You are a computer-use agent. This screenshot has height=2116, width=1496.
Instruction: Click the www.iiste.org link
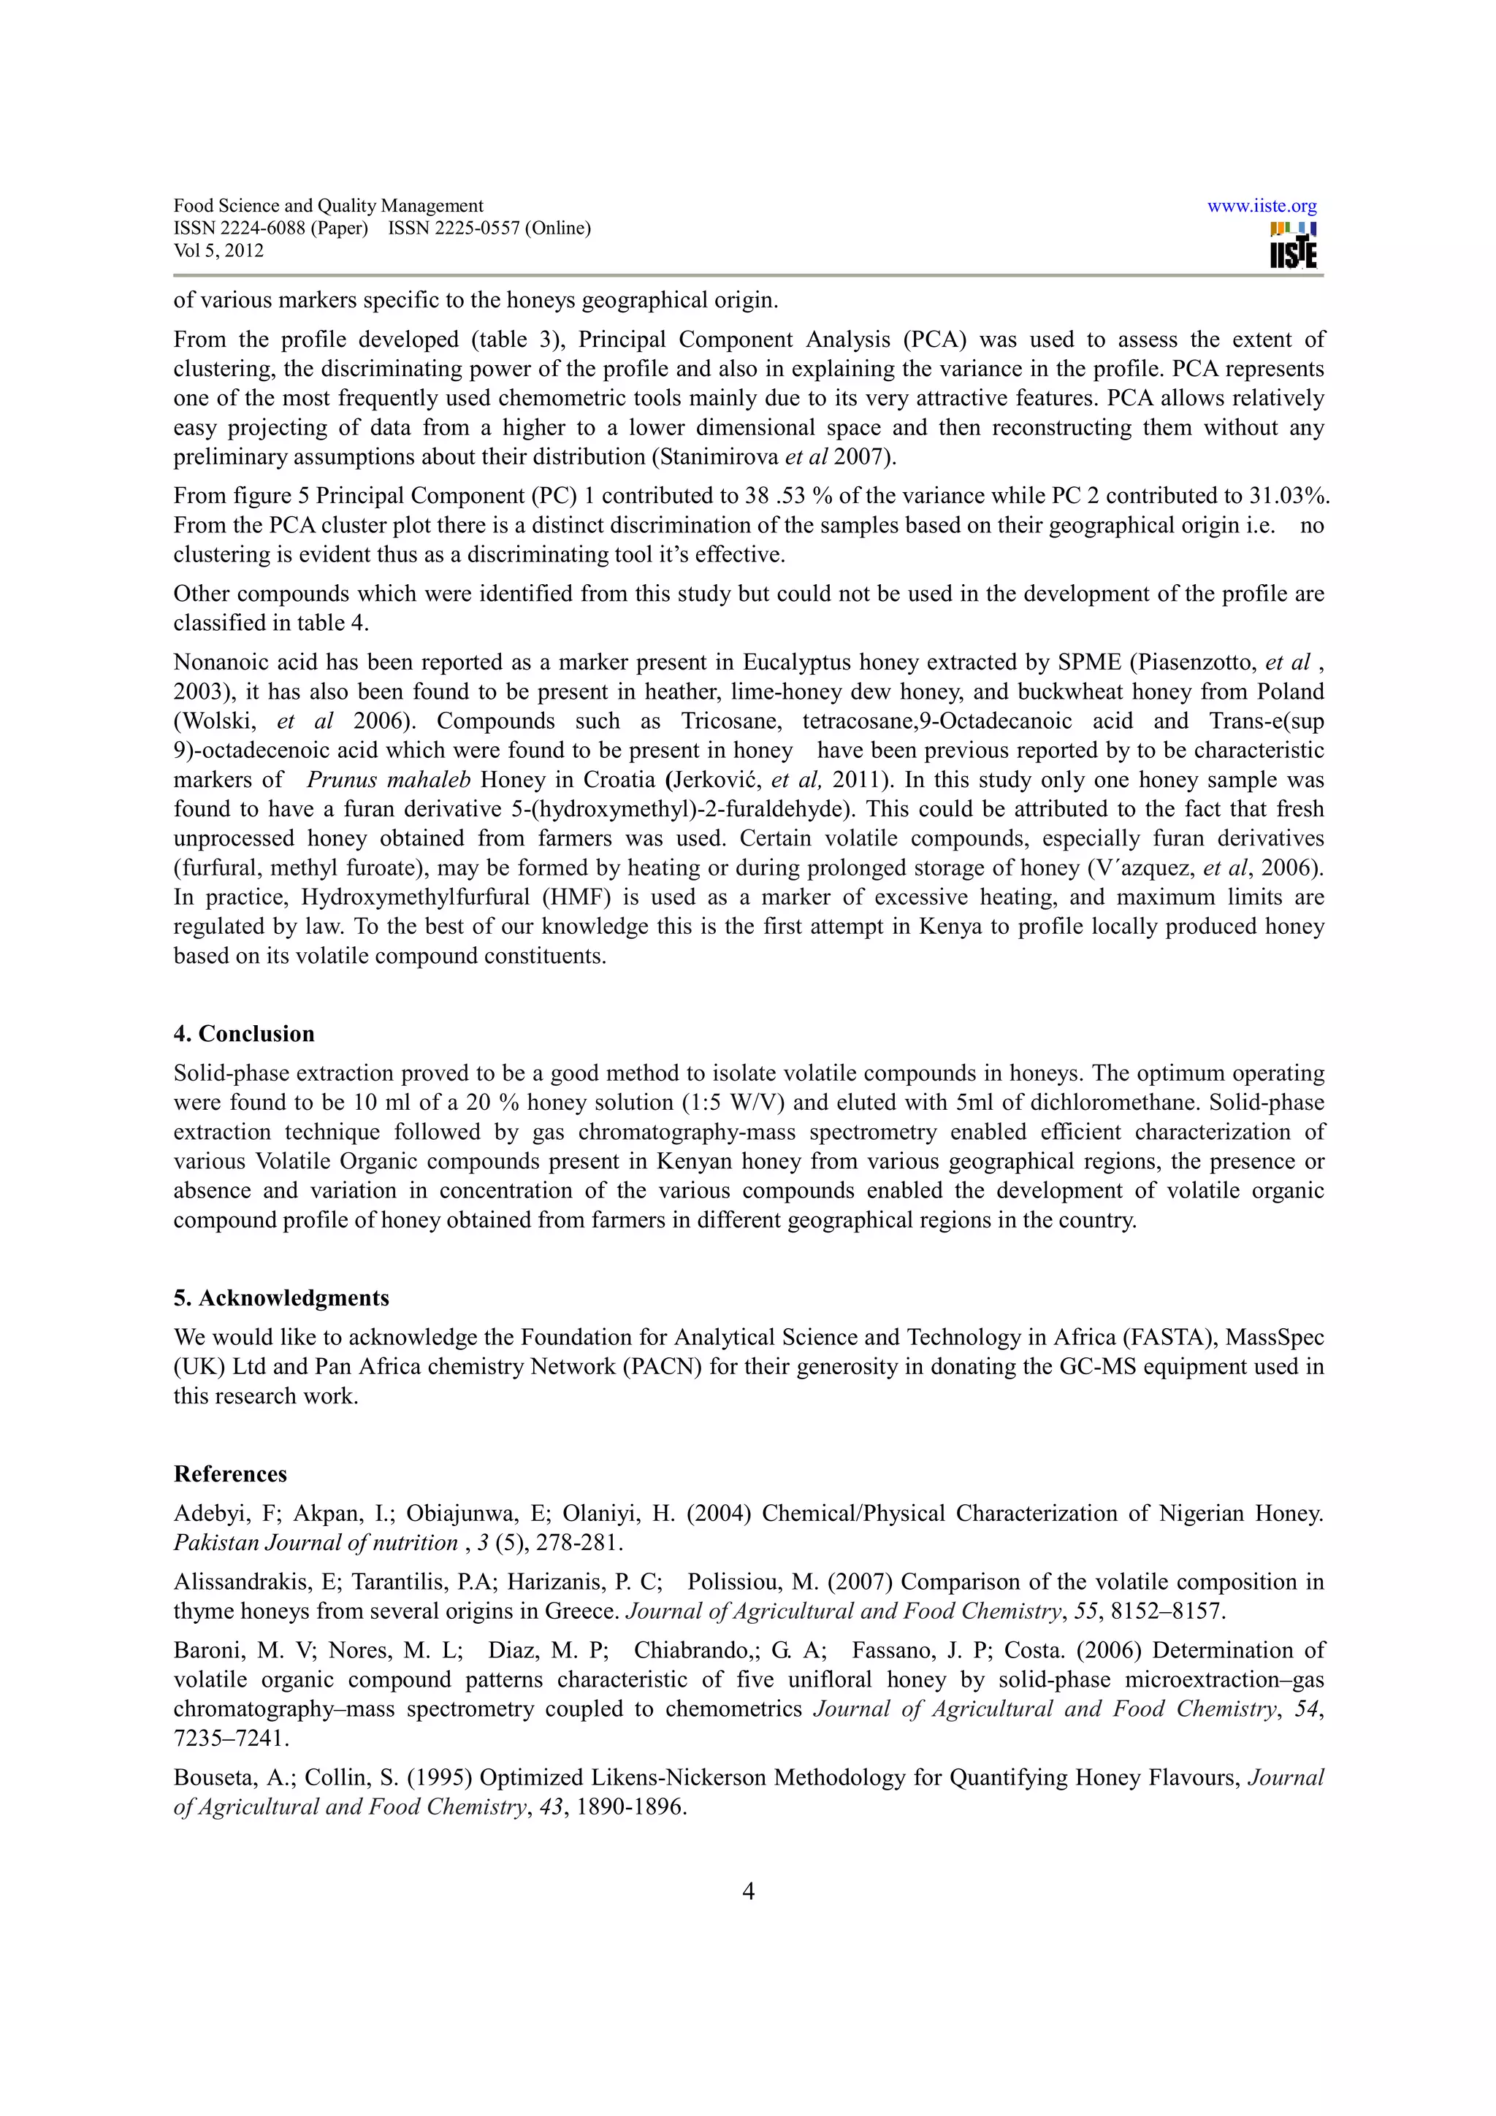click(1261, 207)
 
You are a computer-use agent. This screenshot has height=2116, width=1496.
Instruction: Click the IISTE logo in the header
click(1293, 246)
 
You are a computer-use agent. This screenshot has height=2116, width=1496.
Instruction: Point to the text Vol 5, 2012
click(218, 250)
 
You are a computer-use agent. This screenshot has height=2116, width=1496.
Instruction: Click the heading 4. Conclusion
click(244, 1034)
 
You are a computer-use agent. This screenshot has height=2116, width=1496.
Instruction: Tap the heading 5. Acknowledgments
click(281, 1297)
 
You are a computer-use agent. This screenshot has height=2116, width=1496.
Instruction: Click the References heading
click(230, 1473)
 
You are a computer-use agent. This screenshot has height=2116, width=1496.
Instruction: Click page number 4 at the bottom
click(749, 1892)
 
